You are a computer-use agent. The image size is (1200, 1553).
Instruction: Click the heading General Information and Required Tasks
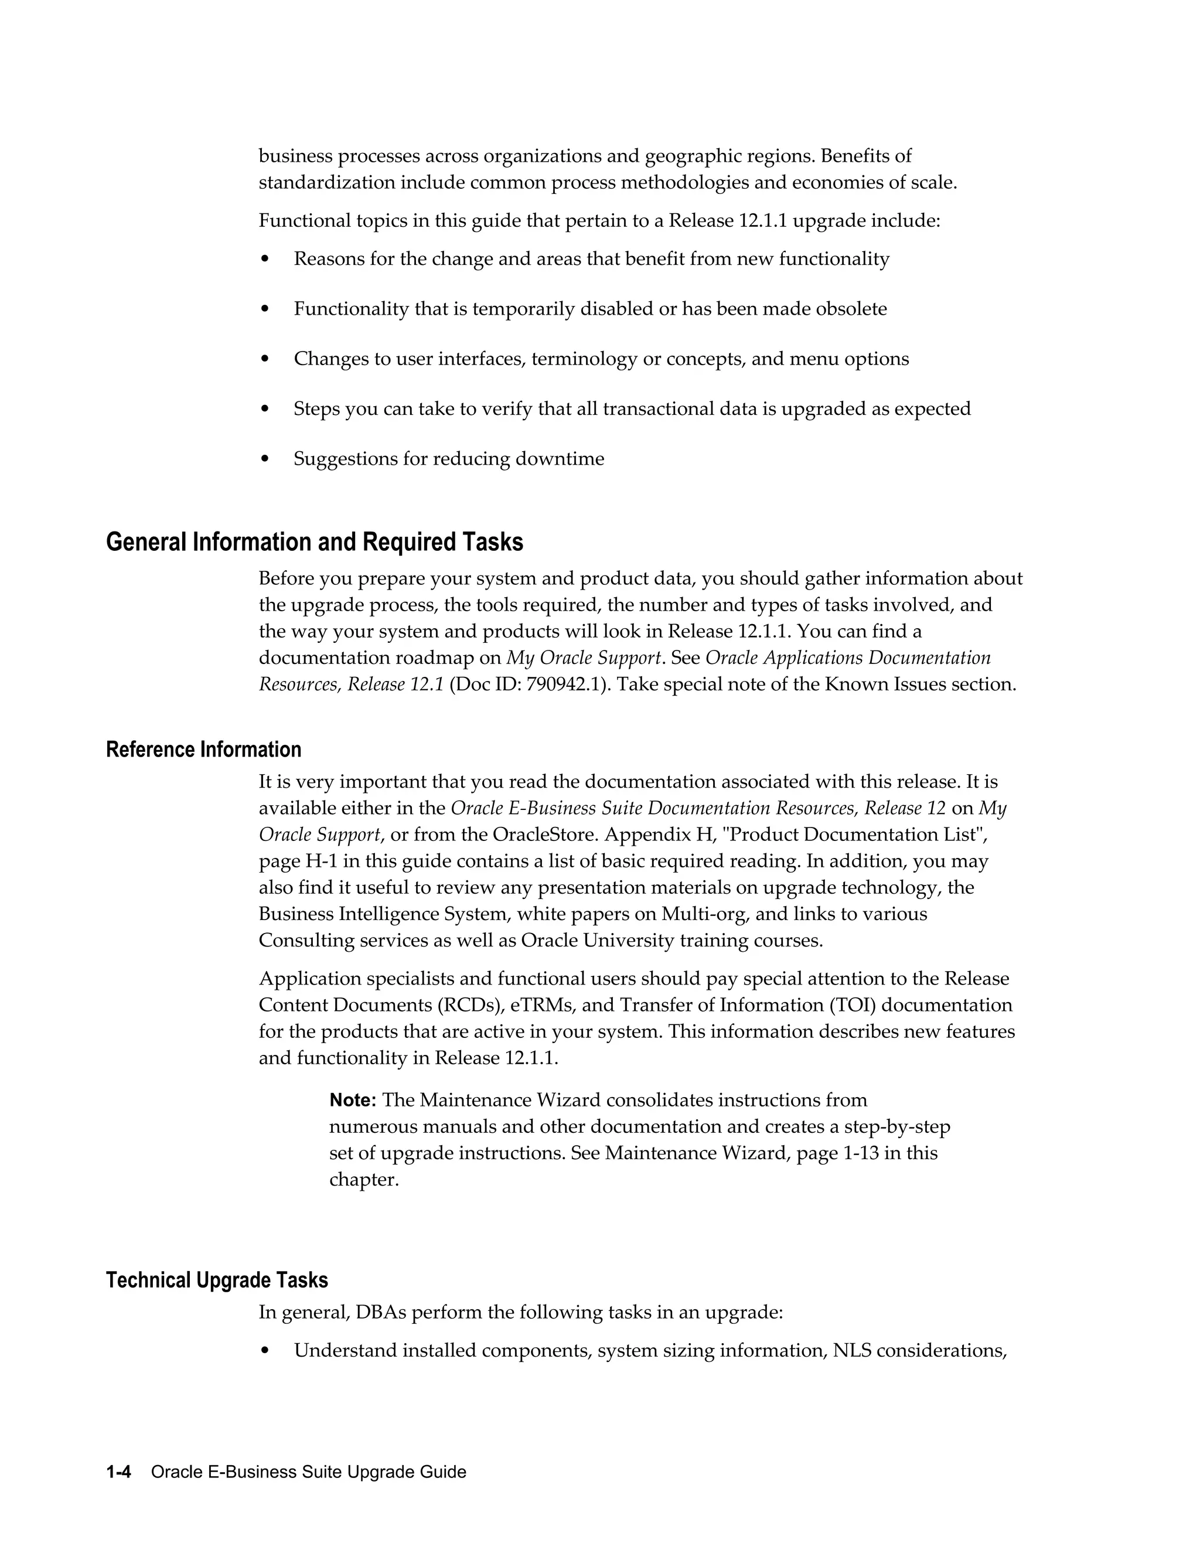[314, 543]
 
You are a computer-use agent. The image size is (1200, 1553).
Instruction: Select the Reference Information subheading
[203, 750]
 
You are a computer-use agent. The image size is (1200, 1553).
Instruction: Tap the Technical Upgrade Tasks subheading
[217, 1280]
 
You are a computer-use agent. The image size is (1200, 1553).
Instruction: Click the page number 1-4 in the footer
[119, 1472]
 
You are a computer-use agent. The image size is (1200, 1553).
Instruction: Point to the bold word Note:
[353, 1101]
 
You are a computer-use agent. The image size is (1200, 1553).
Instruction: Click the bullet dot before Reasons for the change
[265, 260]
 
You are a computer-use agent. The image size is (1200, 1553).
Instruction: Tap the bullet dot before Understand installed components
[265, 1351]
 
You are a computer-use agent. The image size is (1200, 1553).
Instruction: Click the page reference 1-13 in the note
[861, 1153]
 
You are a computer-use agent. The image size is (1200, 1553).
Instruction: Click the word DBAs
[380, 1313]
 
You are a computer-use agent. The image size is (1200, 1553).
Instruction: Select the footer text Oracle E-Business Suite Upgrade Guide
[309, 1472]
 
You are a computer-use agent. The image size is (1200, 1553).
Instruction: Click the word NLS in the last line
[851, 1351]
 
